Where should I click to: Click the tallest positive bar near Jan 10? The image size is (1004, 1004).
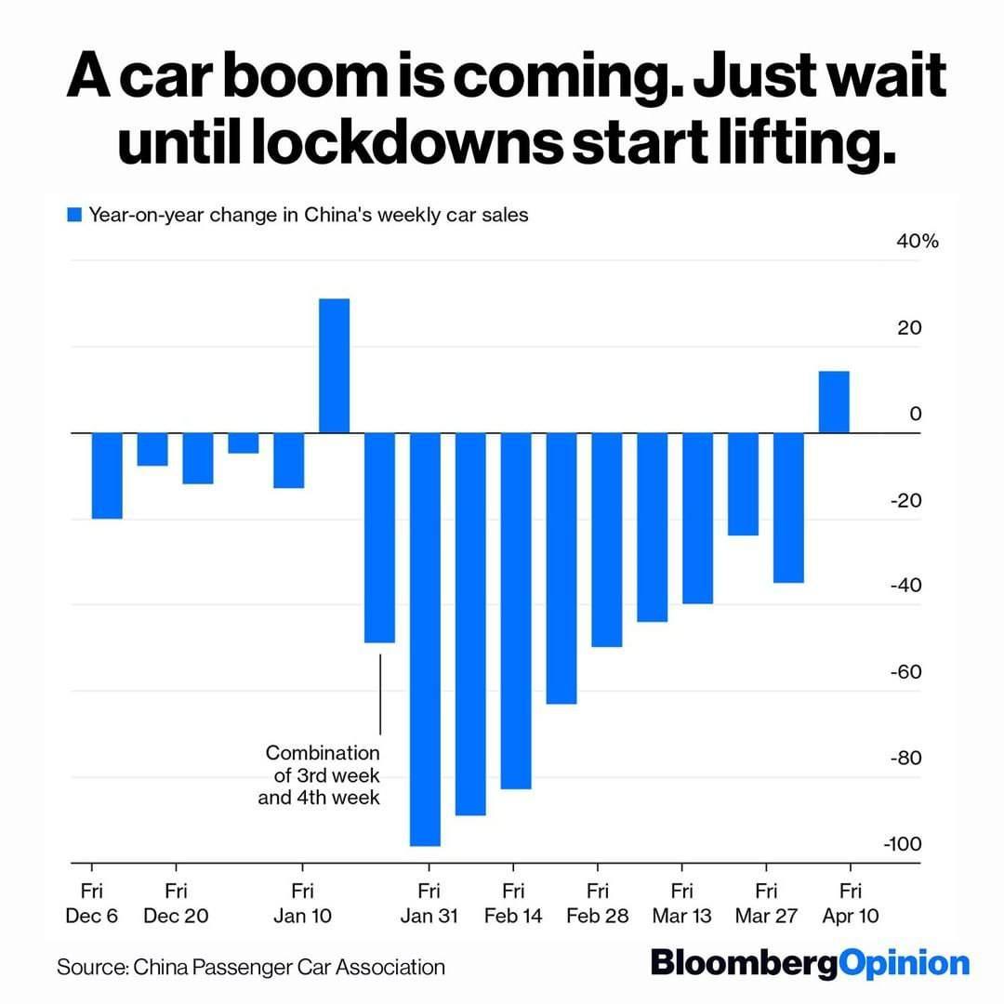click(x=335, y=365)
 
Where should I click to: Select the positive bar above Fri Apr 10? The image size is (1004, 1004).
click(x=834, y=402)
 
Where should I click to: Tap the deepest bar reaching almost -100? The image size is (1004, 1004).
click(x=425, y=640)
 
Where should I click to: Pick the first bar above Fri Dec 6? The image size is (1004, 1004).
click(x=107, y=476)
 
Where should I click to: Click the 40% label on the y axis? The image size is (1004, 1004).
click(x=918, y=242)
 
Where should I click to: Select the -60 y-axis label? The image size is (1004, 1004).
click(x=906, y=672)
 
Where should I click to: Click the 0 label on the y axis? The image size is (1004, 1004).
click(x=916, y=414)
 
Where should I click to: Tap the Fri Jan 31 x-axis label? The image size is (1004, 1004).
click(x=429, y=904)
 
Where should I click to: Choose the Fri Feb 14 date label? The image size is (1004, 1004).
click(x=513, y=904)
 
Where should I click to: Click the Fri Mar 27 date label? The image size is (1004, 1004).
click(x=766, y=904)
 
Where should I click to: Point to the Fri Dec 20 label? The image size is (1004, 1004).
click(x=176, y=904)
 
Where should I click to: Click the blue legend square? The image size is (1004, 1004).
click(x=75, y=216)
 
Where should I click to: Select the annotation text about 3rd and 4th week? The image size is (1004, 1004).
click(x=320, y=773)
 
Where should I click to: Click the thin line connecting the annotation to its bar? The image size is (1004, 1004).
click(x=380, y=694)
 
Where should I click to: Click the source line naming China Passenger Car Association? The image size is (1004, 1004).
click(x=251, y=967)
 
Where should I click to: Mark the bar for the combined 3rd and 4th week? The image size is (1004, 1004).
click(x=379, y=537)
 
